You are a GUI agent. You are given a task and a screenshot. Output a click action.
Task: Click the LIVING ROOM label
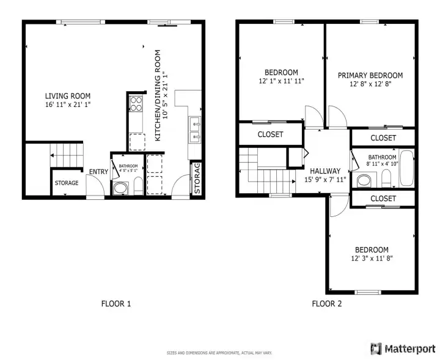click(x=68, y=96)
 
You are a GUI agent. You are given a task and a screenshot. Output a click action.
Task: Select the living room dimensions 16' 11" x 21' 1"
click(x=68, y=105)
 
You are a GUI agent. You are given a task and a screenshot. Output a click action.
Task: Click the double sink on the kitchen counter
click(x=195, y=129)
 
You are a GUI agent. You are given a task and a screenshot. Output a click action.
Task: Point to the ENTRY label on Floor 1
click(x=98, y=172)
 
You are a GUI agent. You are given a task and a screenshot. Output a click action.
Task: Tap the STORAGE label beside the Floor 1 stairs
click(x=67, y=183)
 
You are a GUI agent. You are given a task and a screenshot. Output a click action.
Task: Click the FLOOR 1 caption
click(x=116, y=303)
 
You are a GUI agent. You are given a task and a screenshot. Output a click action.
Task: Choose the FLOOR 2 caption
click(x=327, y=303)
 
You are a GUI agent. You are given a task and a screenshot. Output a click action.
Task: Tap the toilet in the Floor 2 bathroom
click(x=386, y=178)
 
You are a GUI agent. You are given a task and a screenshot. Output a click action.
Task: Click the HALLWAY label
click(x=325, y=171)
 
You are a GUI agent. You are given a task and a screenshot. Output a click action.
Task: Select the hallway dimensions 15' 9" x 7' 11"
click(x=325, y=180)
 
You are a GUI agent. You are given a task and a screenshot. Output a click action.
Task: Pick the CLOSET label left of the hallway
click(x=270, y=134)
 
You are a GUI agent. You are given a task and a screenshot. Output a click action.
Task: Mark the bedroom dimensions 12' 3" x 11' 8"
click(x=372, y=259)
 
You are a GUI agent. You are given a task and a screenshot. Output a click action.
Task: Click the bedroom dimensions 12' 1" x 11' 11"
click(x=281, y=81)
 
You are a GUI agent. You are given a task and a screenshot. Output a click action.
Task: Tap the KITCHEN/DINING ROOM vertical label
click(x=158, y=96)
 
